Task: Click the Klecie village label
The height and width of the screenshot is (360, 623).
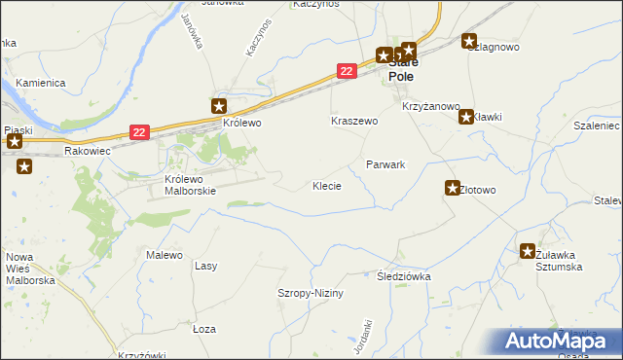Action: coord(326,185)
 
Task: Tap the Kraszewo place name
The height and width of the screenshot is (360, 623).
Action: coord(353,122)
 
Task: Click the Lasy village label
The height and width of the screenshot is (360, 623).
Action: coord(205,266)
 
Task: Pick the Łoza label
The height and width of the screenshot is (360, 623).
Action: coord(203,329)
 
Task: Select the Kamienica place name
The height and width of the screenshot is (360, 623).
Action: coord(40,84)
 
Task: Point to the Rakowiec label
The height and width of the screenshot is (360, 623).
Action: coord(89,152)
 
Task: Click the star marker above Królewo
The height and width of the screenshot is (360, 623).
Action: coord(220,106)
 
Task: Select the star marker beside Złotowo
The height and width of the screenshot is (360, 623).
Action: coord(453,188)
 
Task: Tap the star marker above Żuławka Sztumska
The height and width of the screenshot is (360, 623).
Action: coord(528,250)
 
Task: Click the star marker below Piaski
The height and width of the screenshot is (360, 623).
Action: coord(24,166)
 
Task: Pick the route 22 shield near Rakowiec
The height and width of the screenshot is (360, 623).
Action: coord(140,132)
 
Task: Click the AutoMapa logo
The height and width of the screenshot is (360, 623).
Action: coord(558,341)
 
